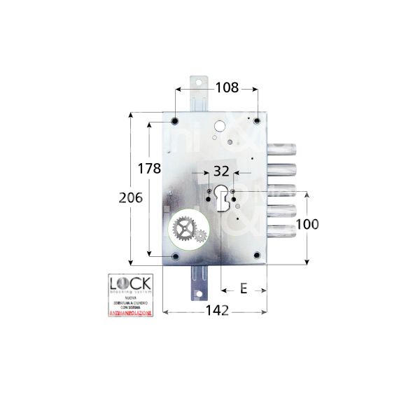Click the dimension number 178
pyautogui.click(x=150, y=169)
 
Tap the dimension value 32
pyautogui.click(x=222, y=171)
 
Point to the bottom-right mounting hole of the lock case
pyautogui.click(x=257, y=258)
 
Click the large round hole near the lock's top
pyautogui.click(x=218, y=128)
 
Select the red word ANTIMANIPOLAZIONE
pyautogui.click(x=130, y=313)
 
